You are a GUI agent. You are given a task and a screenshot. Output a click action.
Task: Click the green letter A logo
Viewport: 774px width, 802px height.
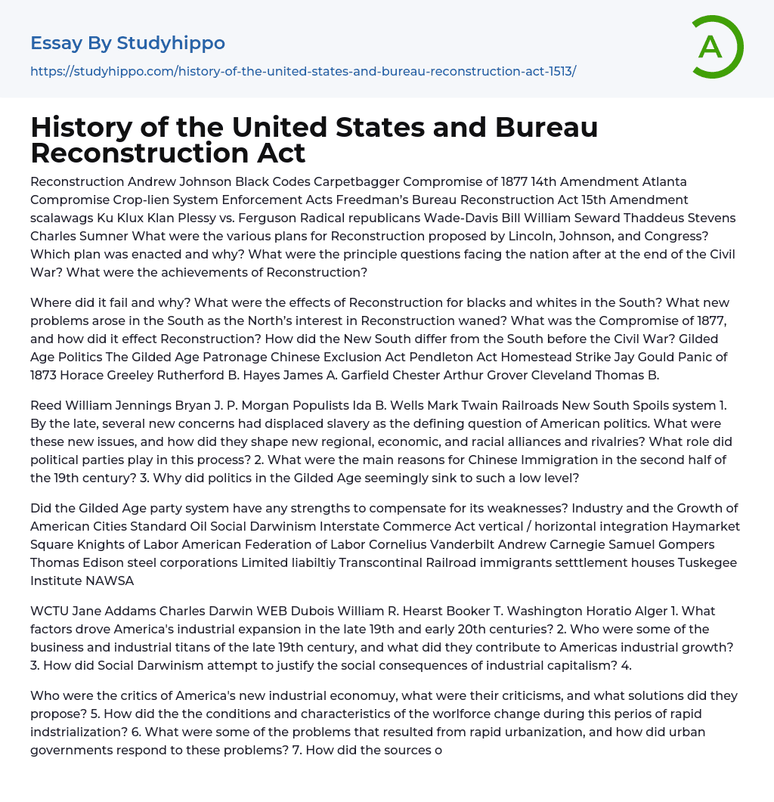[x=717, y=47]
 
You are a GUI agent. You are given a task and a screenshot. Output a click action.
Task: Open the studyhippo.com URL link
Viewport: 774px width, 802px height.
[x=303, y=71]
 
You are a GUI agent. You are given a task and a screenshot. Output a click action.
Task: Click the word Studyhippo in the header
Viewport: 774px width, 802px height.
[x=171, y=43]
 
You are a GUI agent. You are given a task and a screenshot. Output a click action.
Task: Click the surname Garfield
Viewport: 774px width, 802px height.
[x=400, y=375]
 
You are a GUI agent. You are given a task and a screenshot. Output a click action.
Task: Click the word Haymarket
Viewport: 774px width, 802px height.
[x=705, y=526]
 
